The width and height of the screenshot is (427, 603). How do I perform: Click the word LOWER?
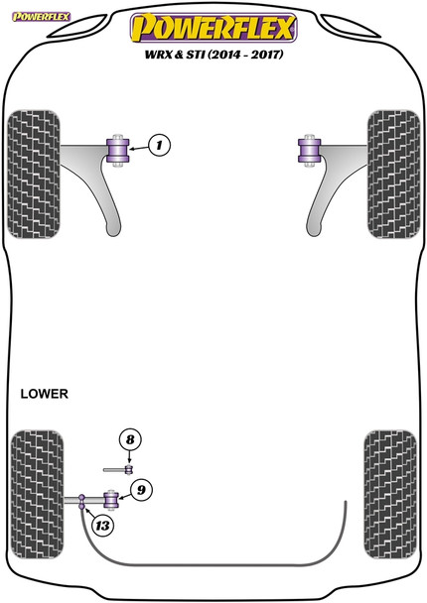click(44, 394)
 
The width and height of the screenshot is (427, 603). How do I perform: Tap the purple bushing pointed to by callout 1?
click(120, 149)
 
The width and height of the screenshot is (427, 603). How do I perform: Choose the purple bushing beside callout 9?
click(112, 496)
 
